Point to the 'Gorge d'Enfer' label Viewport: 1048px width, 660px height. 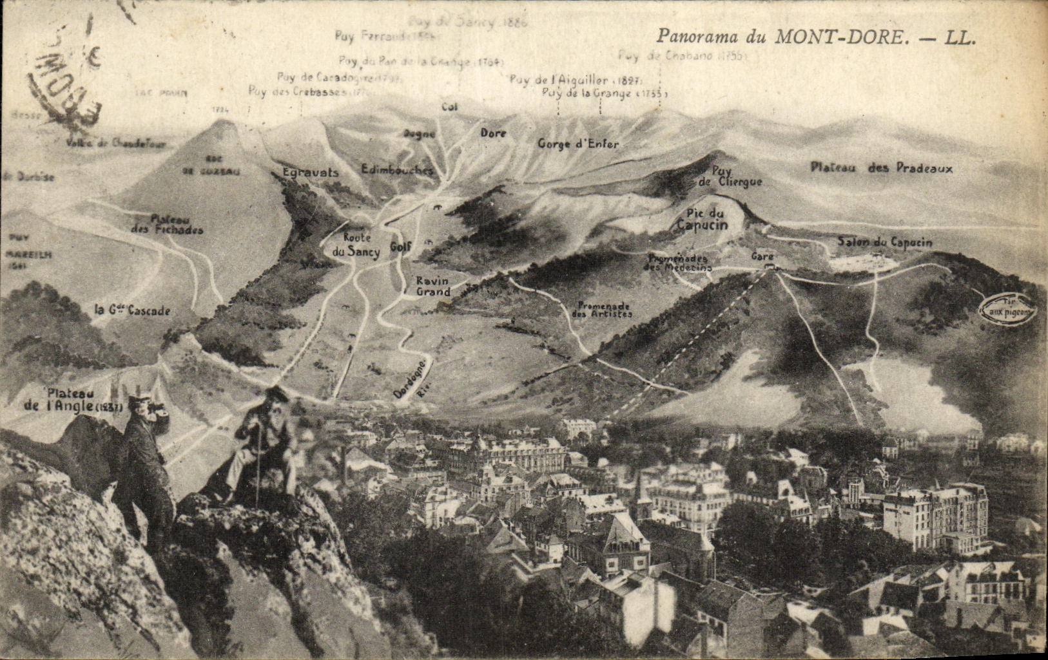[x=578, y=144]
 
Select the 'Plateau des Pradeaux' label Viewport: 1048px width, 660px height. [x=881, y=168]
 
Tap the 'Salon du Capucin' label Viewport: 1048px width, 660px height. [x=884, y=242]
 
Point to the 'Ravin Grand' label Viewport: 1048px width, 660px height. [x=432, y=286]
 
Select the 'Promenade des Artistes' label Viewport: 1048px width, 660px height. [x=602, y=310]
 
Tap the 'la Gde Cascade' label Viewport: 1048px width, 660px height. [x=132, y=310]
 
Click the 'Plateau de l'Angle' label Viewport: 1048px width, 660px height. [x=72, y=400]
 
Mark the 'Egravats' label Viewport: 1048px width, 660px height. [x=310, y=173]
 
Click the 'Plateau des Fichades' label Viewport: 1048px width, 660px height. [x=167, y=224]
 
